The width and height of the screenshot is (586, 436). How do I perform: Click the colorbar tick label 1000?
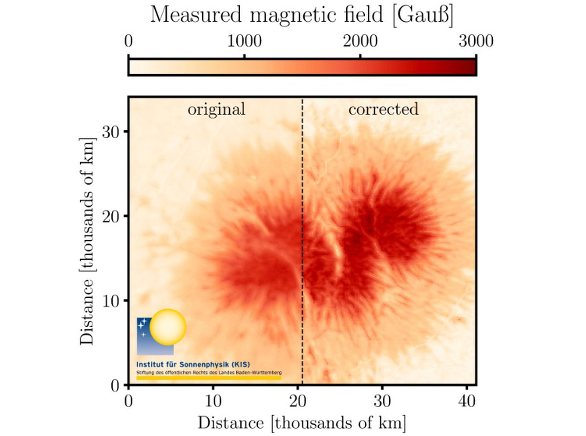[x=244, y=42]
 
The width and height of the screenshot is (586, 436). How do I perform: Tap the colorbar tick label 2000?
[x=360, y=42]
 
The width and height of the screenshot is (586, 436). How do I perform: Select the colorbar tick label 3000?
[x=476, y=42]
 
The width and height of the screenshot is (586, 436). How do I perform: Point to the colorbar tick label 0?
[x=128, y=42]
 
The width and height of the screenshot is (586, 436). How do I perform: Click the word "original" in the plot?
[x=216, y=109]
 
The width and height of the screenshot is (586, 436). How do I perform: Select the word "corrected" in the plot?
[x=383, y=109]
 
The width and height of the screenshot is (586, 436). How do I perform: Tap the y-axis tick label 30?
[x=112, y=132]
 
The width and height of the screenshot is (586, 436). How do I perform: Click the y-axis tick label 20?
[x=112, y=216]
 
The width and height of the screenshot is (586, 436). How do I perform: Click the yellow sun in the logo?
[x=168, y=326]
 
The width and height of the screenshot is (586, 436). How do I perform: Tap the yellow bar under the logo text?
[x=209, y=377]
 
